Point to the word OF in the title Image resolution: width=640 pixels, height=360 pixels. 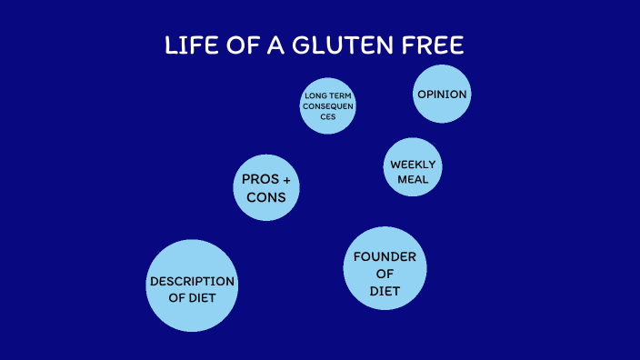(x=235, y=45)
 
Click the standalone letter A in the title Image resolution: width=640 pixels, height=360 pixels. (x=271, y=45)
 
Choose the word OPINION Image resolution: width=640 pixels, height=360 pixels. (x=442, y=95)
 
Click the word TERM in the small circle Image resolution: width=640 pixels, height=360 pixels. (x=341, y=95)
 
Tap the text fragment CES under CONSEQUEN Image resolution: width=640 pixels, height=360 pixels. (x=328, y=117)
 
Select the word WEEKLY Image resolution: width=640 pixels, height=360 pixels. (x=413, y=165)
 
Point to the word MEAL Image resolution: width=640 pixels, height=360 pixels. (x=413, y=179)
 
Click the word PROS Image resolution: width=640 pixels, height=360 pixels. (x=259, y=180)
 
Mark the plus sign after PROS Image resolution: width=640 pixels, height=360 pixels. (x=286, y=180)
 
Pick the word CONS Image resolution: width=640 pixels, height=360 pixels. (x=266, y=197)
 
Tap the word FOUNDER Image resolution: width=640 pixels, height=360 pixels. (x=385, y=256)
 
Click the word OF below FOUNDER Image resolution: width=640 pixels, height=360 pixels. (x=385, y=274)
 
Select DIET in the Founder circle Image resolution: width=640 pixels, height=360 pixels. (x=385, y=291)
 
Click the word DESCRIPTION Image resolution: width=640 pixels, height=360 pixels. (x=192, y=281)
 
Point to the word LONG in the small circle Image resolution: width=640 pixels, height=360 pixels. (x=315, y=95)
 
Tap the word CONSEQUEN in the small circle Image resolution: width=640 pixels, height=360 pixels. (x=328, y=106)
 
